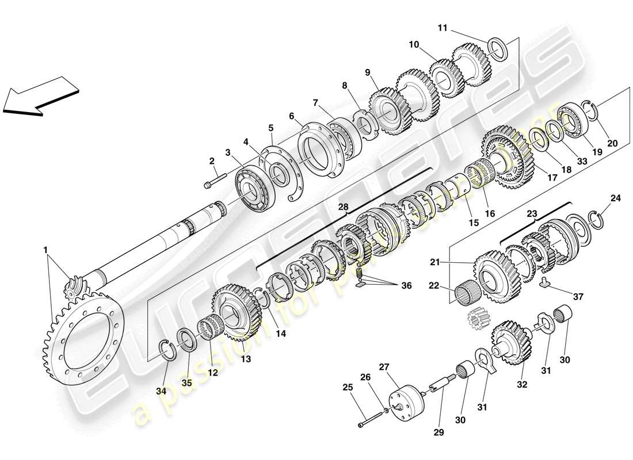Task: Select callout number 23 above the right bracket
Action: click(532, 213)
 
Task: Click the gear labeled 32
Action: click(510, 343)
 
